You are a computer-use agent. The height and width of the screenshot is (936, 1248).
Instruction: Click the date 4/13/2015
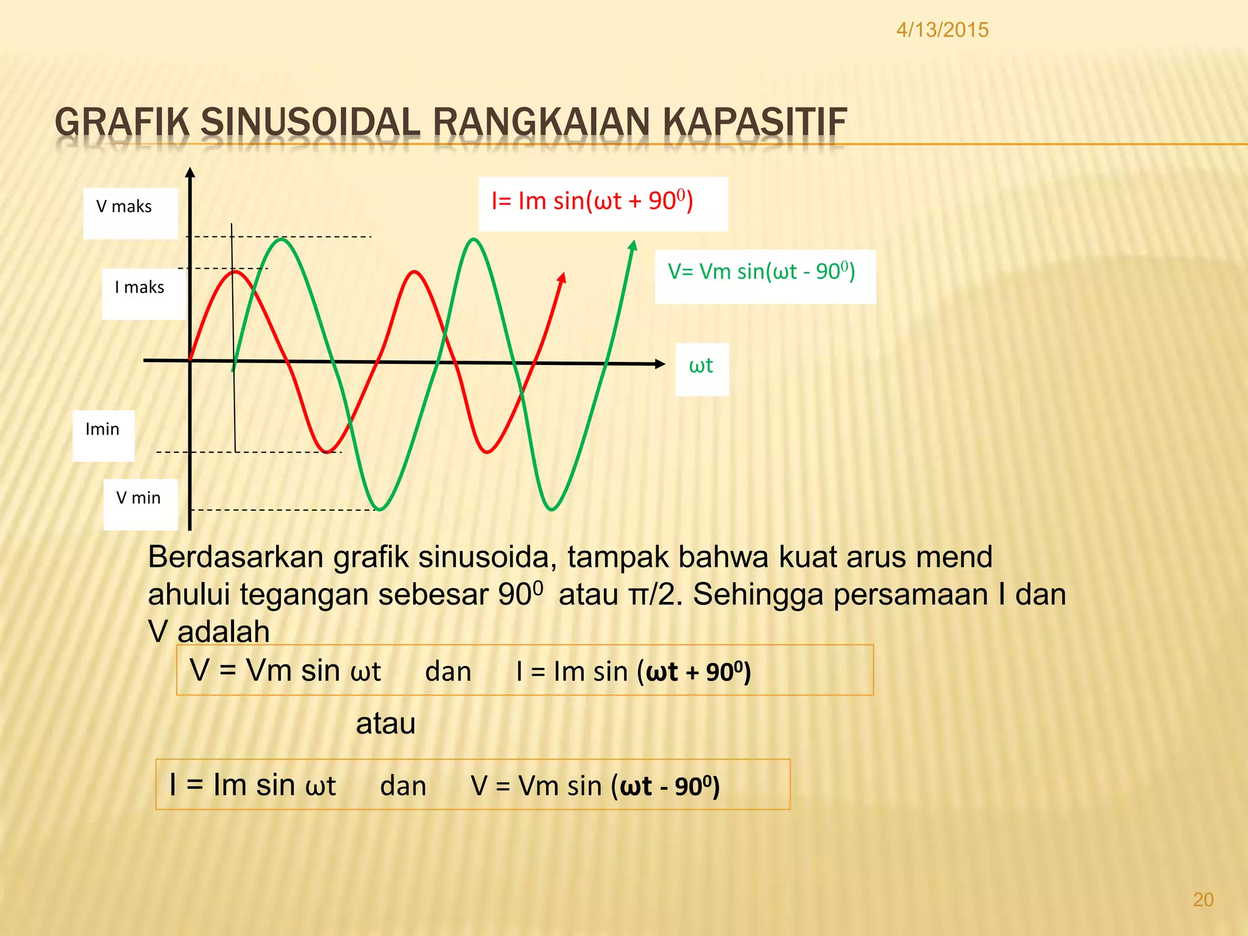(x=942, y=30)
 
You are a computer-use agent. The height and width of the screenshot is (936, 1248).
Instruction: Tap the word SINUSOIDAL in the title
(x=310, y=122)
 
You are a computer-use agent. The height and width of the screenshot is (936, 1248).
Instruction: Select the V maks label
(x=124, y=207)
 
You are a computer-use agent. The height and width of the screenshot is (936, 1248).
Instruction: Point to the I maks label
(x=140, y=287)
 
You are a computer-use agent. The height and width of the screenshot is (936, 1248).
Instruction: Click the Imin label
(x=102, y=429)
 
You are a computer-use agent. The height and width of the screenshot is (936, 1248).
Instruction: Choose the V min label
(x=138, y=498)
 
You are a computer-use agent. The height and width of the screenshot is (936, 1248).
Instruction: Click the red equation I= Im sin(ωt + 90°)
(x=592, y=201)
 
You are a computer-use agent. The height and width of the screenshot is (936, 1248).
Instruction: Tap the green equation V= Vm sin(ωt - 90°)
(x=761, y=271)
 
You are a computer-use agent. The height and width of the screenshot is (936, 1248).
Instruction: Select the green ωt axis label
(x=701, y=366)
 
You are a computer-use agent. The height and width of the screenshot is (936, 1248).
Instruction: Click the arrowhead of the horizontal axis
(x=660, y=364)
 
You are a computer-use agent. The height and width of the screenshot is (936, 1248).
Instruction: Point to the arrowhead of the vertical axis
(x=190, y=172)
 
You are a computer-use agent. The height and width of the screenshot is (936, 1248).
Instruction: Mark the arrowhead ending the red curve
(x=562, y=278)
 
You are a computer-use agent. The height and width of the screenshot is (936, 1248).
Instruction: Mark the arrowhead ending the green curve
(x=633, y=245)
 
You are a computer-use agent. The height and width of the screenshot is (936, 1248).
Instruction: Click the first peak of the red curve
(x=235, y=272)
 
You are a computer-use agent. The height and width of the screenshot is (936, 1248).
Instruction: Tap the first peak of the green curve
(x=282, y=239)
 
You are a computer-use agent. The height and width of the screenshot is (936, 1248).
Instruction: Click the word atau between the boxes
(x=385, y=724)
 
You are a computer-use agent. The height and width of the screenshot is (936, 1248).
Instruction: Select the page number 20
(x=1203, y=900)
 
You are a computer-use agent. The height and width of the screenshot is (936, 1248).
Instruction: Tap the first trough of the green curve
(x=380, y=509)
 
